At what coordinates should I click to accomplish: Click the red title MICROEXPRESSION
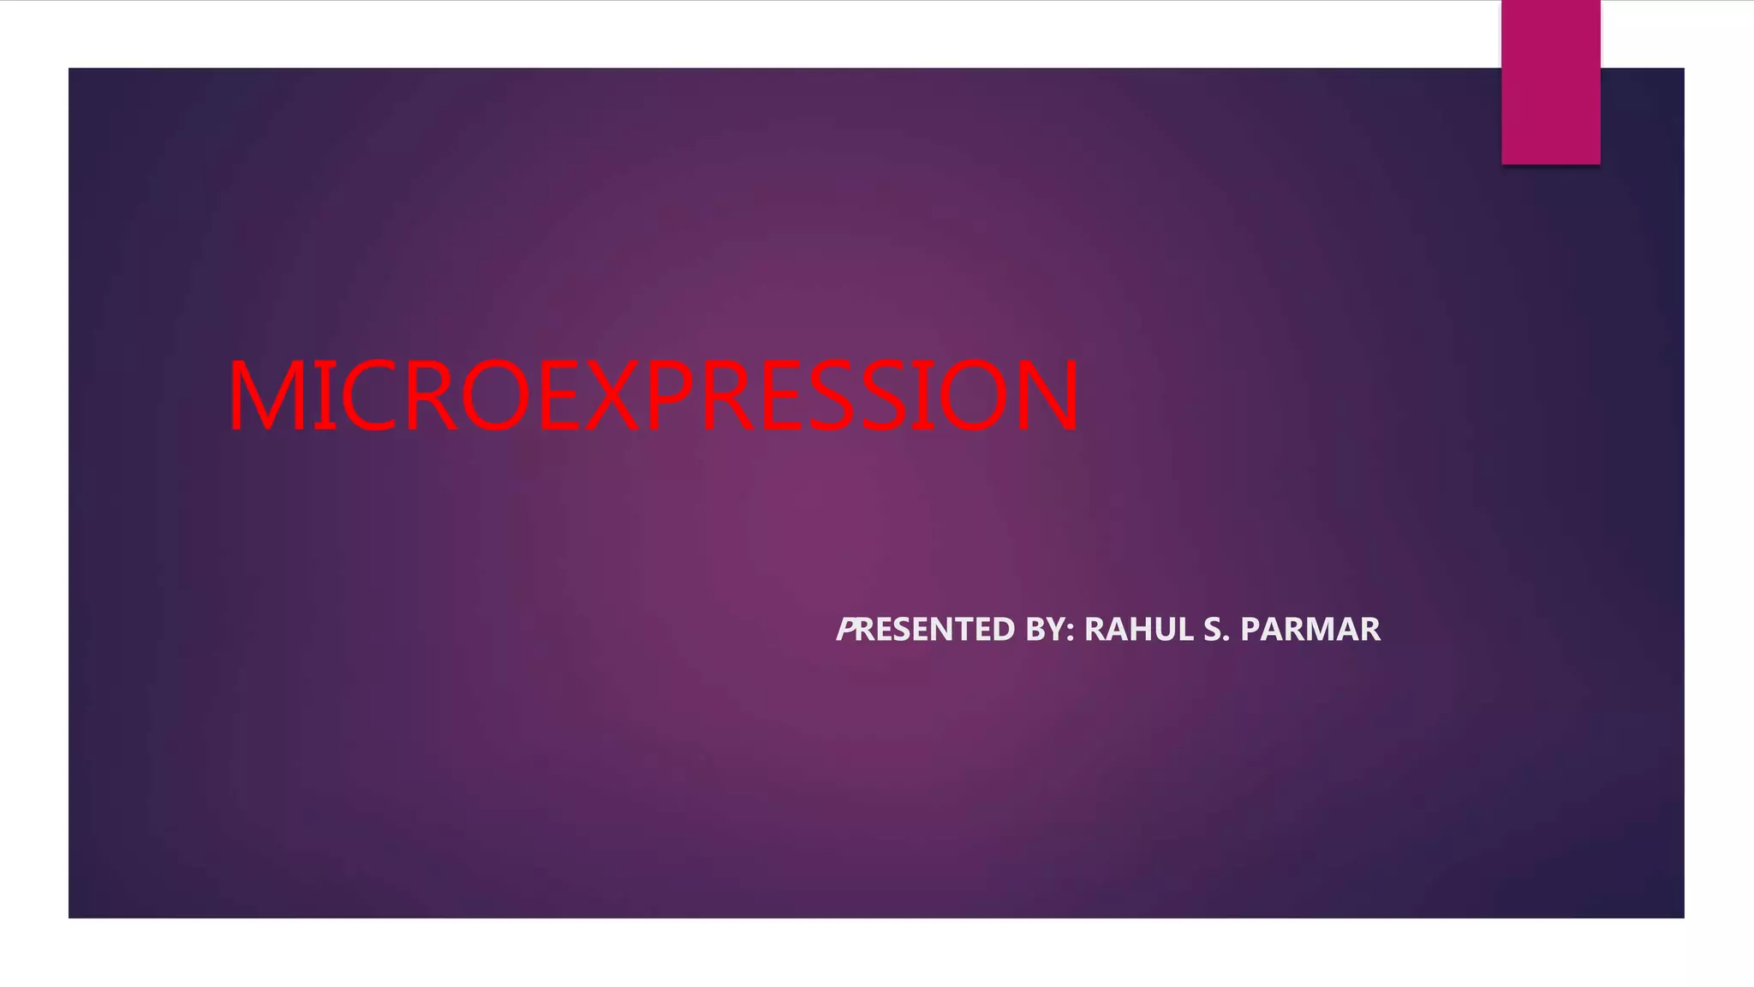653,396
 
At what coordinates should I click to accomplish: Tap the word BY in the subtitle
1045,630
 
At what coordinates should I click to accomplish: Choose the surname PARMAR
1310,630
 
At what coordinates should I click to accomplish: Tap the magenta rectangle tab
1550,81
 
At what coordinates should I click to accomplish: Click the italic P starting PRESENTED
845,630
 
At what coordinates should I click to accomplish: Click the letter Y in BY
1056,630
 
